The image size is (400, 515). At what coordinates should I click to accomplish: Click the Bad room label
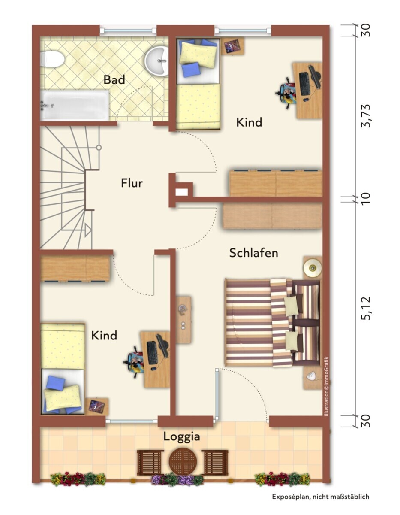pyautogui.click(x=114, y=80)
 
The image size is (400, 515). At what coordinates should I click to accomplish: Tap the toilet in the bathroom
pyautogui.click(x=52, y=59)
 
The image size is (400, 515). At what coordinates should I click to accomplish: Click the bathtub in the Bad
pyautogui.click(x=75, y=106)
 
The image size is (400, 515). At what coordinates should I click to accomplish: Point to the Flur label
pyautogui.click(x=132, y=183)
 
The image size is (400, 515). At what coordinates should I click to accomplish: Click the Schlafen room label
pyautogui.click(x=253, y=253)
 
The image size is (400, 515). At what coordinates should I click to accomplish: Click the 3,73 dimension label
pyautogui.click(x=366, y=116)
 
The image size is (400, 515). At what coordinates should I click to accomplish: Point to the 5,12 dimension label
pyautogui.click(x=366, y=308)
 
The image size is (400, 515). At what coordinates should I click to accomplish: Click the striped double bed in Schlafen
pyautogui.click(x=272, y=323)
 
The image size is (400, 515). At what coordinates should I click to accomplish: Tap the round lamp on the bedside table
pyautogui.click(x=313, y=268)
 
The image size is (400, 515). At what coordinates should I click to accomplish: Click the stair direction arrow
pyautogui.click(x=88, y=230)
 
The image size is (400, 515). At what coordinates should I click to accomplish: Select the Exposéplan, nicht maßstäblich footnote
pyautogui.click(x=321, y=496)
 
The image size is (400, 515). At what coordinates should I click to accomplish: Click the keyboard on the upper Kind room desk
pyautogui.click(x=304, y=84)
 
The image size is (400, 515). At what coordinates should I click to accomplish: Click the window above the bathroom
pyautogui.click(x=128, y=30)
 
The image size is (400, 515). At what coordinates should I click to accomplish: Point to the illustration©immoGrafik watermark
pyautogui.click(x=327, y=389)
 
